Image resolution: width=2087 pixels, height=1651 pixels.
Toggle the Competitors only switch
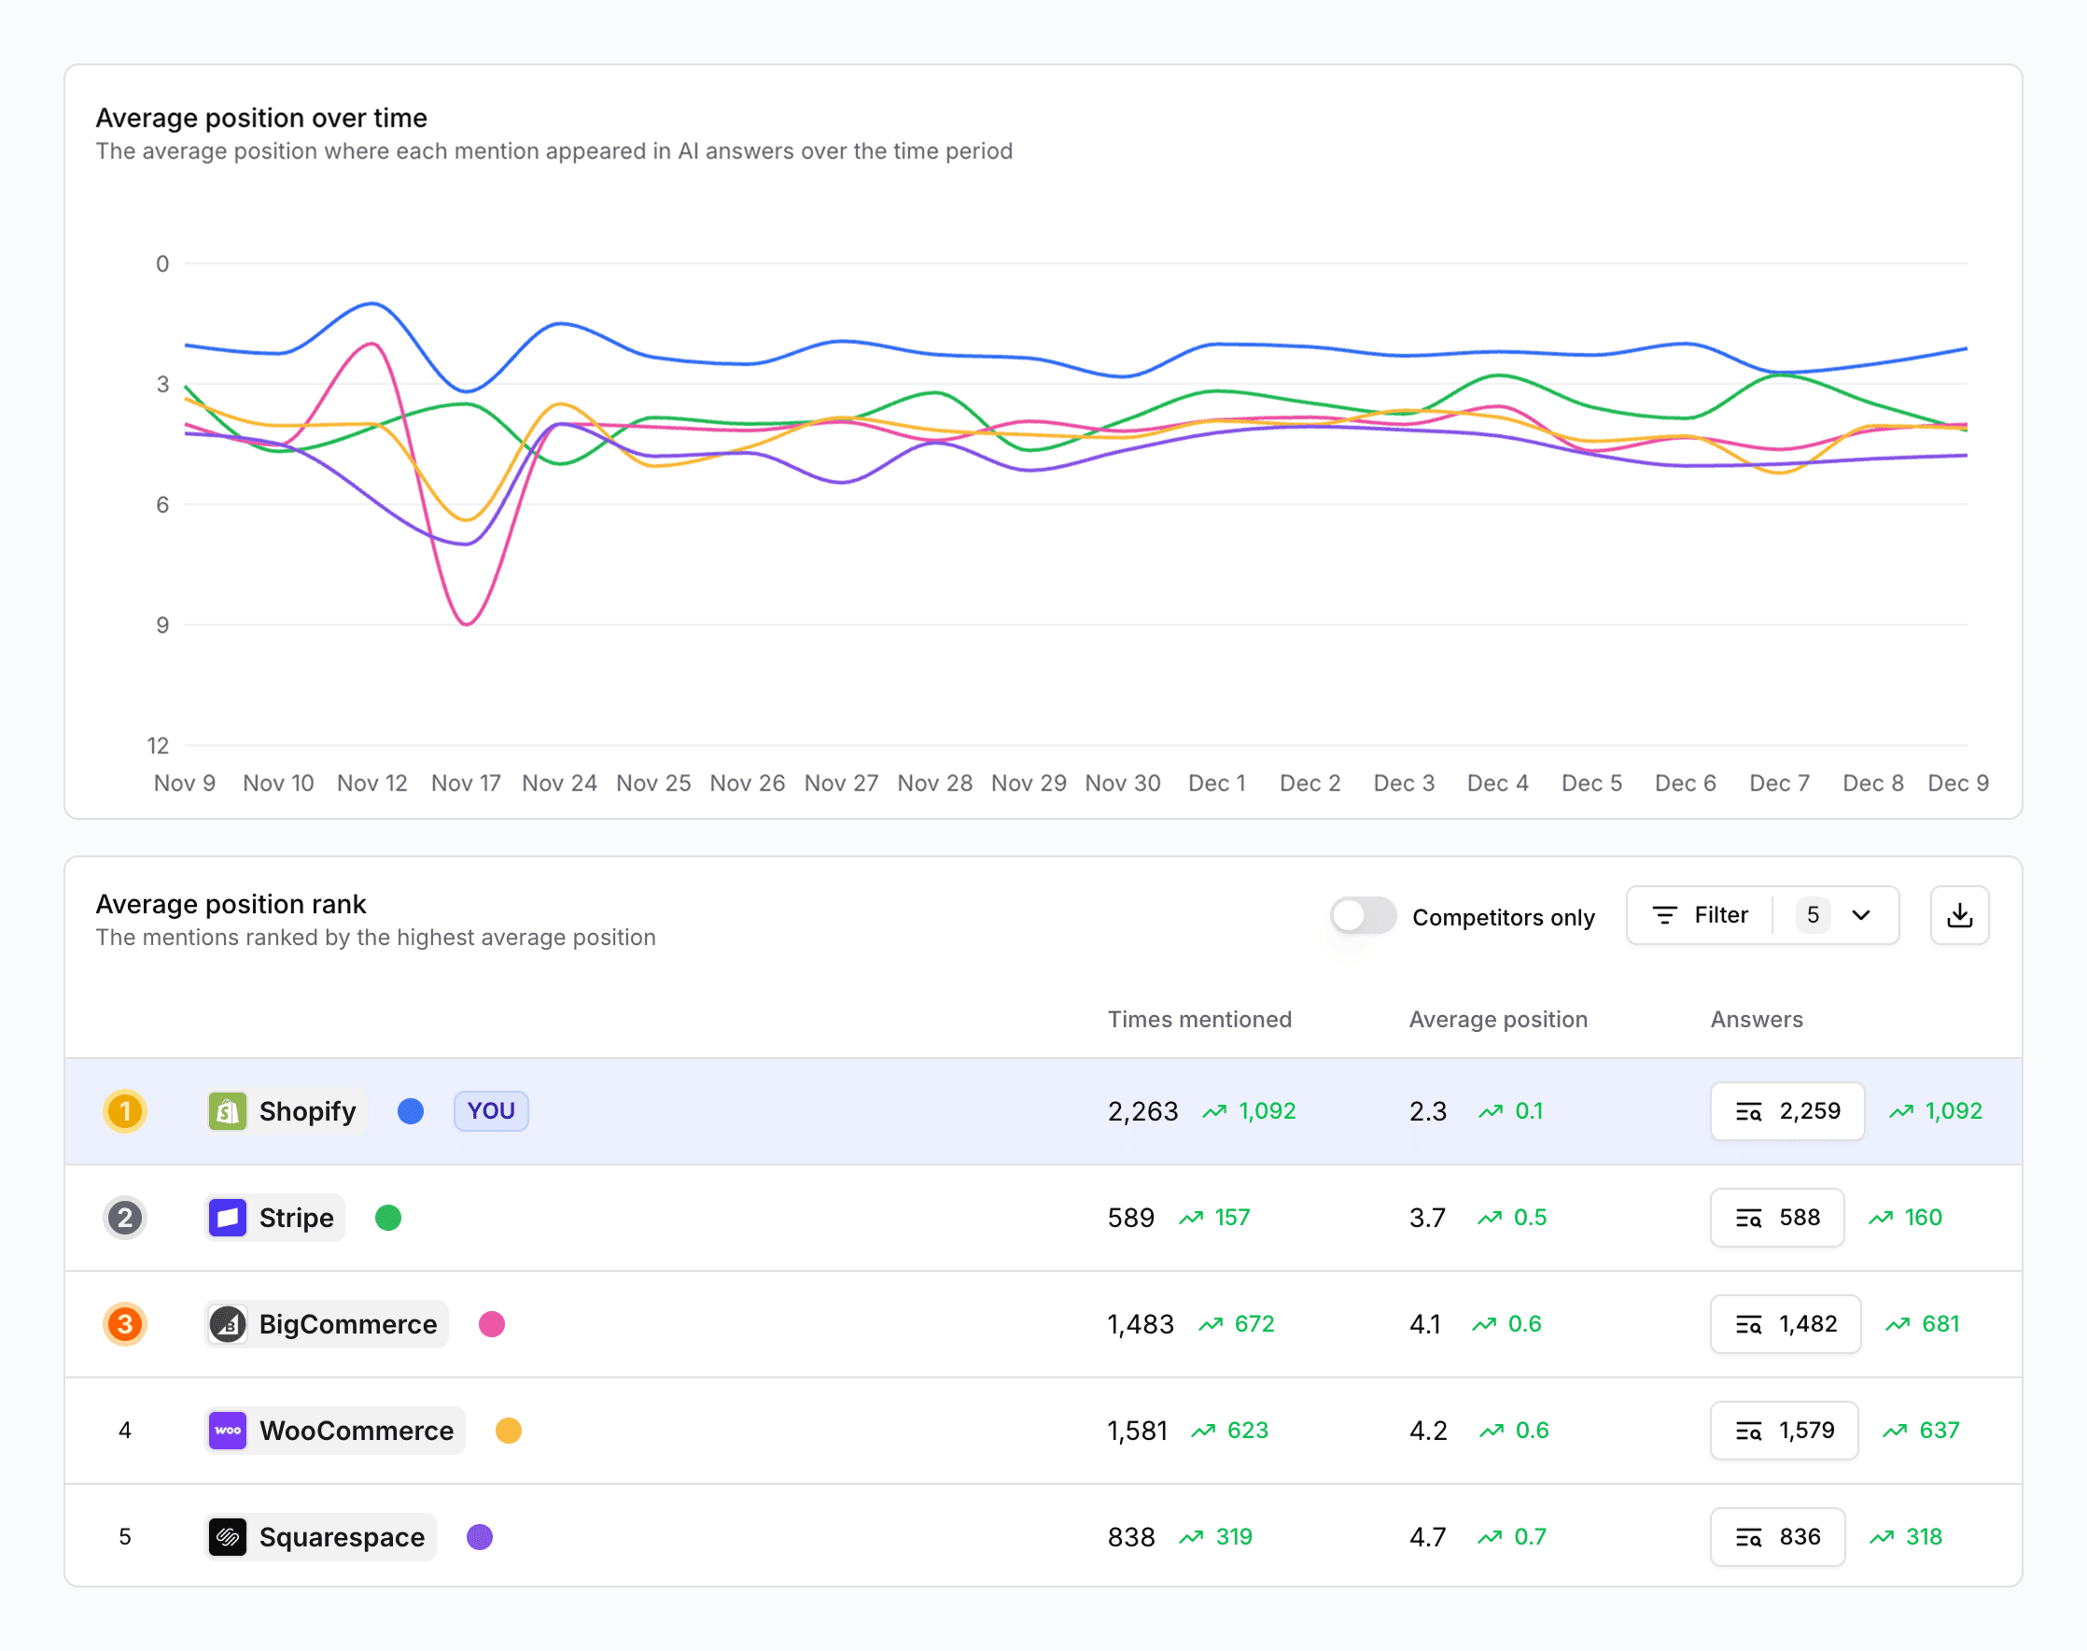[x=1363, y=915]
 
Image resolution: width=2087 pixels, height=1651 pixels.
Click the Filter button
[x=1701, y=915]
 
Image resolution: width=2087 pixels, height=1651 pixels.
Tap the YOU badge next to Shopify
[x=491, y=1110]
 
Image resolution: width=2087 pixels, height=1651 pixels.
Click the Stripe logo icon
[x=228, y=1218]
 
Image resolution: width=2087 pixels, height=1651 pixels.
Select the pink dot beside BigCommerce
[x=492, y=1324]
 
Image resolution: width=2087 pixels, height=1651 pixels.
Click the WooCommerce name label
[x=356, y=1431]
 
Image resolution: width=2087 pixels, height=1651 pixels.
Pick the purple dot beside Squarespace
[x=479, y=1537]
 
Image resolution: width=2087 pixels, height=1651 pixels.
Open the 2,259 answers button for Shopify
[x=1786, y=1110]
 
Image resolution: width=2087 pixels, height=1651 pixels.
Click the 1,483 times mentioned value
[x=1141, y=1324]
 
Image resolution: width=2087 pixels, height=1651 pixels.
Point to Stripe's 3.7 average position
[x=1427, y=1218]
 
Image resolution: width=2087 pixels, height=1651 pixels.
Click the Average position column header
[x=1498, y=1020]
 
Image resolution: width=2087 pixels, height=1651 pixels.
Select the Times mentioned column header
[x=1199, y=1020]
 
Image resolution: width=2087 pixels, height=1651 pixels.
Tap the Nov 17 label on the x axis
[x=466, y=783]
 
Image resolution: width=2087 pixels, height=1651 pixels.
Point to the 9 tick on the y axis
[x=162, y=626]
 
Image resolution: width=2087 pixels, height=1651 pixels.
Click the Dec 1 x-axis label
[x=1216, y=783]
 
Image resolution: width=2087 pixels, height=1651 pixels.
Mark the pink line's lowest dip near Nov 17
[x=467, y=624]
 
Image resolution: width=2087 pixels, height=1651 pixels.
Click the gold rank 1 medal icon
[x=125, y=1110]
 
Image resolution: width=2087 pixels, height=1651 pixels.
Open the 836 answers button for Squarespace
[x=1777, y=1537]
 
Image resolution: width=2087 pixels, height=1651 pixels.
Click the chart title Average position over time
[x=261, y=118]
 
